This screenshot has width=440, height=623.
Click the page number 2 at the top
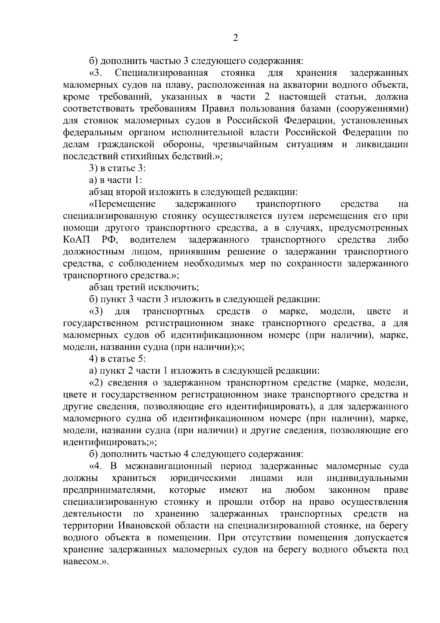coord(235,38)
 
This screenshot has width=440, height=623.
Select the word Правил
coord(215,109)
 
